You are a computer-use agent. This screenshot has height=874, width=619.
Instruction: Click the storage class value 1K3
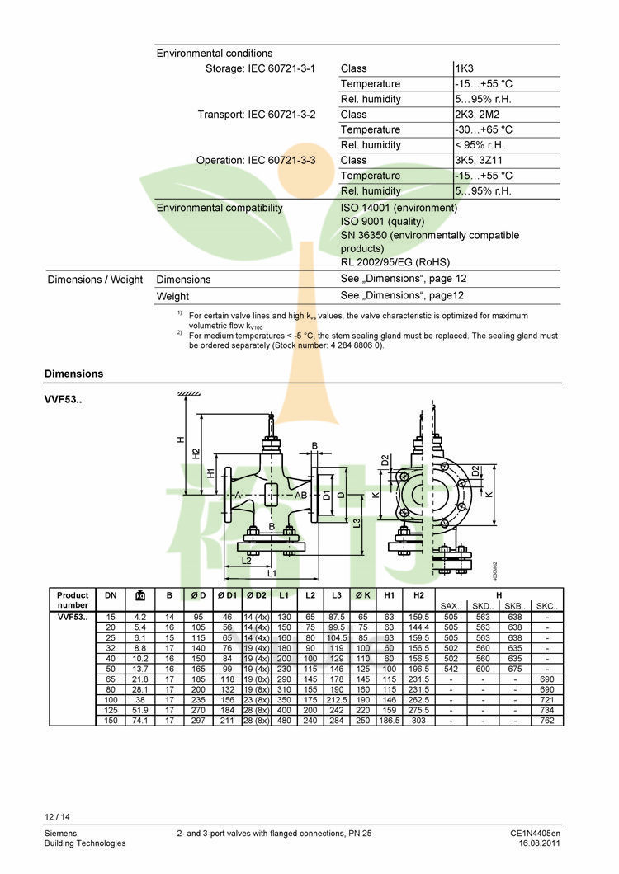coord(465,68)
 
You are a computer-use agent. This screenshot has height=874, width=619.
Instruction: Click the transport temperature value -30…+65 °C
coord(484,129)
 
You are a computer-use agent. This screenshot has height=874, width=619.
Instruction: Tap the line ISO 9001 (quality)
coord(382,222)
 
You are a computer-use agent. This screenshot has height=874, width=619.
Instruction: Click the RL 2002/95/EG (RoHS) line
coord(395,262)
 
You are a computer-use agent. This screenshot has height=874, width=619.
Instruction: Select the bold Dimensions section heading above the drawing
coord(74,374)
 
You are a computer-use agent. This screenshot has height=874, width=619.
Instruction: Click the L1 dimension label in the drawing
coord(272,572)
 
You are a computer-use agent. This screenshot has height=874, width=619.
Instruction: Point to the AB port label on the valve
coord(301,496)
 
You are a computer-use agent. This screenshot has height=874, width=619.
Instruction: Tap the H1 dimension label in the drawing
coord(211,473)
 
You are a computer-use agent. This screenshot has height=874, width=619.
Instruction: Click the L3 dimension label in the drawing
coord(357,523)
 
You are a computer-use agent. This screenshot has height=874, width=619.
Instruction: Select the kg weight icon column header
coord(139,595)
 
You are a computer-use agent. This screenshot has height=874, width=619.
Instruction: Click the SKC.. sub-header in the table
coord(546,606)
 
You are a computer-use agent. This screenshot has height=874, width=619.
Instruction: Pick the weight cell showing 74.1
coord(139,721)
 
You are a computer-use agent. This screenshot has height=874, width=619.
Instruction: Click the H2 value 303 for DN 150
coord(418,721)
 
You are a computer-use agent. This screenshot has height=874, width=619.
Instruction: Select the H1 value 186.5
coord(389,721)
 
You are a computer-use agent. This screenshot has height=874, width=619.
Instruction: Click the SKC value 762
coord(546,721)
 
